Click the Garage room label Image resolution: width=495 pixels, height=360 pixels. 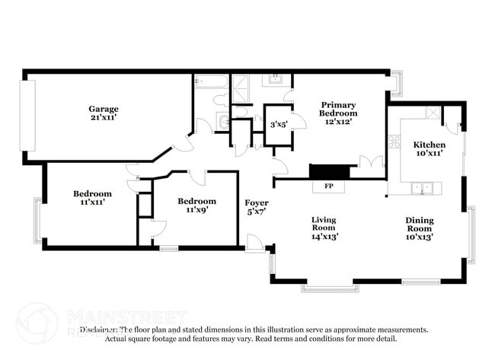tap(104, 109)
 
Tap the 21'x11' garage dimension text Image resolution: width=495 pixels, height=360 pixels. tap(104, 119)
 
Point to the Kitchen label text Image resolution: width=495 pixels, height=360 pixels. tap(429, 145)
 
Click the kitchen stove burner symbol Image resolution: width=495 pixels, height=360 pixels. tap(394, 141)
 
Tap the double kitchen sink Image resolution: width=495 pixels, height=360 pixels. tap(421, 187)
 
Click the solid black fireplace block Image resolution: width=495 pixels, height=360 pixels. tap(329, 170)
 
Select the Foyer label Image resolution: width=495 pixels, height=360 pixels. tap(256, 202)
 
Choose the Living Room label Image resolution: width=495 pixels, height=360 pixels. tap(324, 224)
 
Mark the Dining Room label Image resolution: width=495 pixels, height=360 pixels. tap(419, 225)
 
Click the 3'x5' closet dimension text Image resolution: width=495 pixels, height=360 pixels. tap(279, 125)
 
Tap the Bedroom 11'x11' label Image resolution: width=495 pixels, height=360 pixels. tap(92, 198)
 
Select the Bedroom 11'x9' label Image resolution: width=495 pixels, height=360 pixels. tap(196, 205)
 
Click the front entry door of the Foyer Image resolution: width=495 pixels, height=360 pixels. tap(254, 244)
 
